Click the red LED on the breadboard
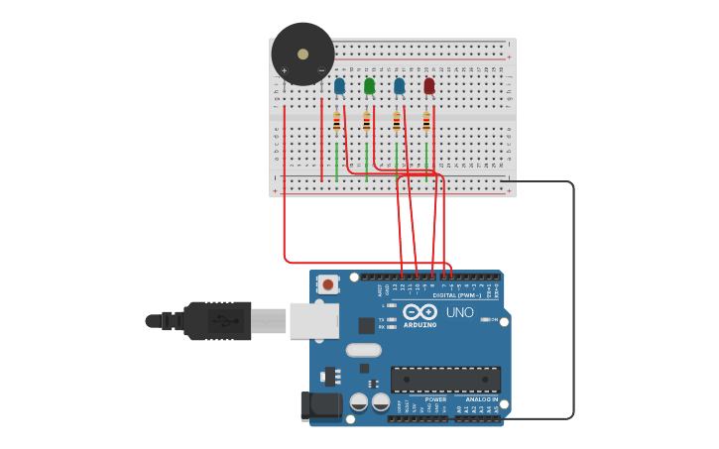coord(428,86)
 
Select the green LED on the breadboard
coord(369,86)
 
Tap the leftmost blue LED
coord(339,86)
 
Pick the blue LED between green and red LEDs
coord(399,86)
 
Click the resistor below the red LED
coord(426,122)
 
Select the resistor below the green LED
coord(367,122)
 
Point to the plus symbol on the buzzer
coord(285,70)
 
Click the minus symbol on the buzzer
coord(320,70)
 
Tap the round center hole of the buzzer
coord(302,54)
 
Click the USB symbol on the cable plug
coord(228,321)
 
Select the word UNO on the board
coord(459,312)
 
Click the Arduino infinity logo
coord(419,312)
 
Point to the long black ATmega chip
coord(445,380)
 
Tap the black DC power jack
coord(320,405)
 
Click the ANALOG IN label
coord(482,399)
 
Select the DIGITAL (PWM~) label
coord(456,294)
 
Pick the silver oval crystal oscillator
coord(364,350)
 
